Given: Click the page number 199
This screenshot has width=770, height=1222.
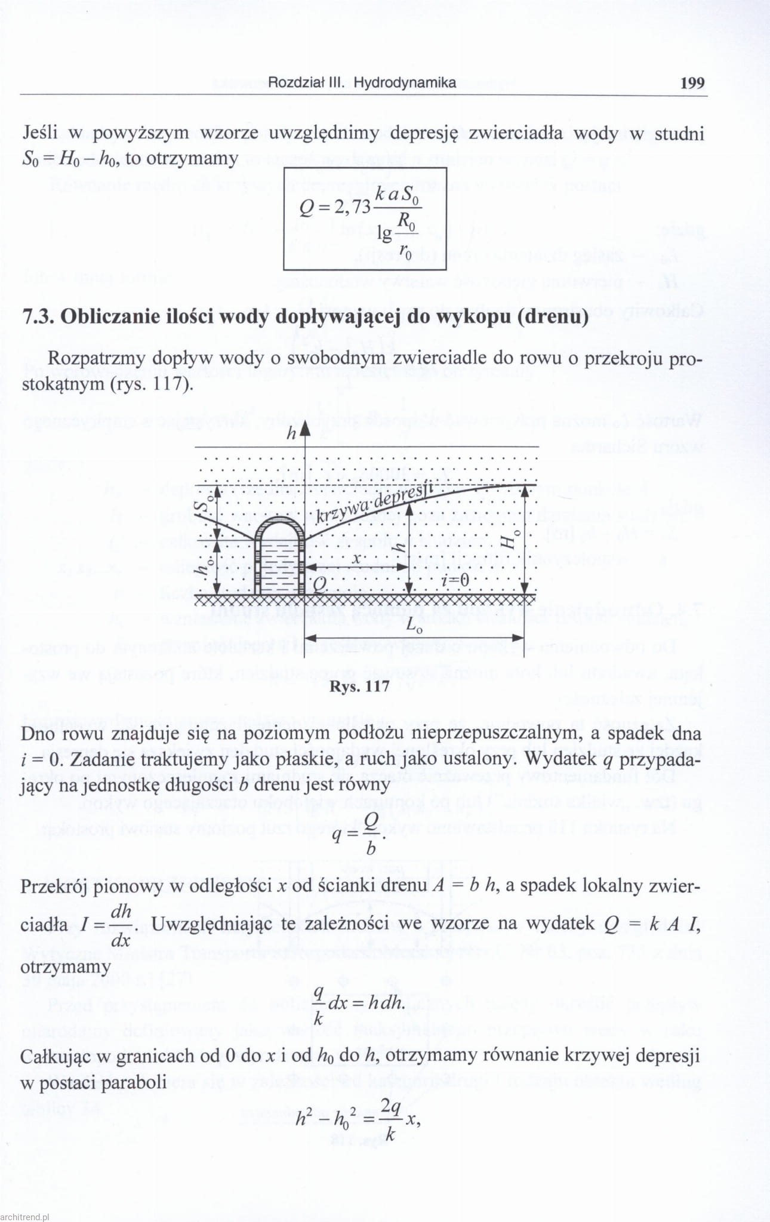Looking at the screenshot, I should pos(692,82).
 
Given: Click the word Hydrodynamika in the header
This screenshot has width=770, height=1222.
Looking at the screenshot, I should pos(405,82).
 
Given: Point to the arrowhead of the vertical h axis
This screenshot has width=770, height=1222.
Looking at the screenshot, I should pos(305,429).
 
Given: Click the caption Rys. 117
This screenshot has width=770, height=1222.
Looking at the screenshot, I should pos(359,686).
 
